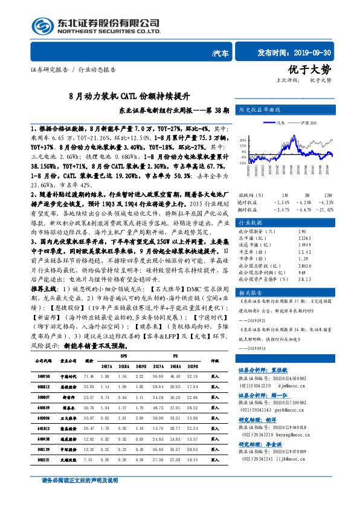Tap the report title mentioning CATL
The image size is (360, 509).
130,96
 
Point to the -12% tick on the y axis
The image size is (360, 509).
242,163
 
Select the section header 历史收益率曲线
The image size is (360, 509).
261,110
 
